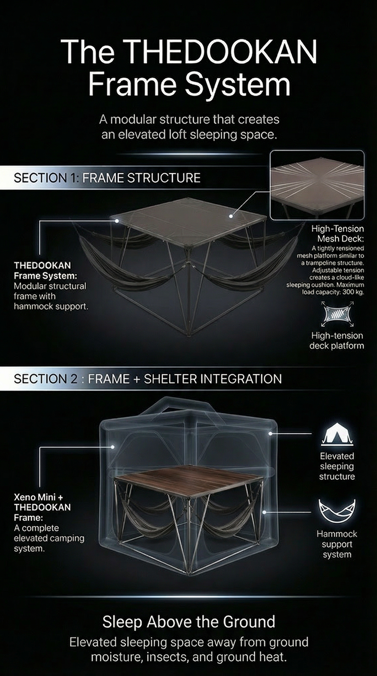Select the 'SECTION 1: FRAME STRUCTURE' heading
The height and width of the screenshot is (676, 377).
[107, 178]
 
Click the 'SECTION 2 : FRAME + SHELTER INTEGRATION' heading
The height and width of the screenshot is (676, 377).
[148, 379]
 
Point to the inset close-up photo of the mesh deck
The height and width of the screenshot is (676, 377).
[317, 185]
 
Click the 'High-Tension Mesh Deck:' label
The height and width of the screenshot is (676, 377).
[338, 233]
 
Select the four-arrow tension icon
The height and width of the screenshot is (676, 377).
[337, 314]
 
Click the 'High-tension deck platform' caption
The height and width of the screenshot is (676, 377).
[337, 340]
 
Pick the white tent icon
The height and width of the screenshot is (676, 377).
[337, 434]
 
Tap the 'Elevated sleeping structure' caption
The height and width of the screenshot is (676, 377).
[337, 466]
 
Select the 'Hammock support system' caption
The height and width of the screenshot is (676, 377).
[337, 544]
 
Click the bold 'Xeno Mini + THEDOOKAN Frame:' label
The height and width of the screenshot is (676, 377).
[42, 507]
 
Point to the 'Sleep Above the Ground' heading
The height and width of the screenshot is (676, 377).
[189, 622]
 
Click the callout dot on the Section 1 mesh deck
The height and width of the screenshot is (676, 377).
[231, 216]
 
